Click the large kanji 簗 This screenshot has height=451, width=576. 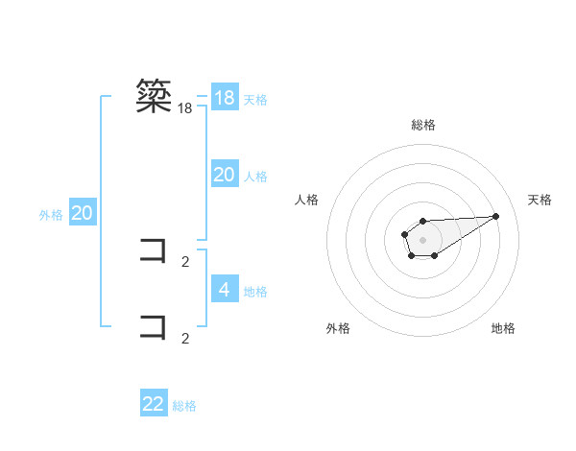click(155, 97)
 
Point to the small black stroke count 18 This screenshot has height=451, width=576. click(185, 109)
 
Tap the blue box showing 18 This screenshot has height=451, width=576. click(225, 98)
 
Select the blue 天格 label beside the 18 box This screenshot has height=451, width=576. click(255, 99)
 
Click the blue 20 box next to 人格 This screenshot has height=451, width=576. click(225, 175)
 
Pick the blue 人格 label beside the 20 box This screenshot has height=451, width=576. click(255, 177)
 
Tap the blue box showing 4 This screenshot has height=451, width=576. click(225, 289)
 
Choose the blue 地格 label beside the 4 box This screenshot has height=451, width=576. click(255, 292)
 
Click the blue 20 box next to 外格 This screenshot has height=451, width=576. click(82, 213)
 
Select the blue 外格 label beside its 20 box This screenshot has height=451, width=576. click(51, 215)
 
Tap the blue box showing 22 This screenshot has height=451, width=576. click(154, 404)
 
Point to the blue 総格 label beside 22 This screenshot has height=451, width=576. click(184, 406)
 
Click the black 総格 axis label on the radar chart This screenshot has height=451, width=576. click(423, 125)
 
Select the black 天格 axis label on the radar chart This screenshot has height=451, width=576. click(540, 200)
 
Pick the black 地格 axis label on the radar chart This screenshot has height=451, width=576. click(503, 328)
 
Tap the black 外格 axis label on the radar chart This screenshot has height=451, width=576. click(338, 328)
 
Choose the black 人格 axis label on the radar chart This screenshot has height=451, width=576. click(307, 200)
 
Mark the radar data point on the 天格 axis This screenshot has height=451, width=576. click(496, 216)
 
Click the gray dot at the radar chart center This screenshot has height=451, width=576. click(422, 239)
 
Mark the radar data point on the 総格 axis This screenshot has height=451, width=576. click(422, 222)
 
